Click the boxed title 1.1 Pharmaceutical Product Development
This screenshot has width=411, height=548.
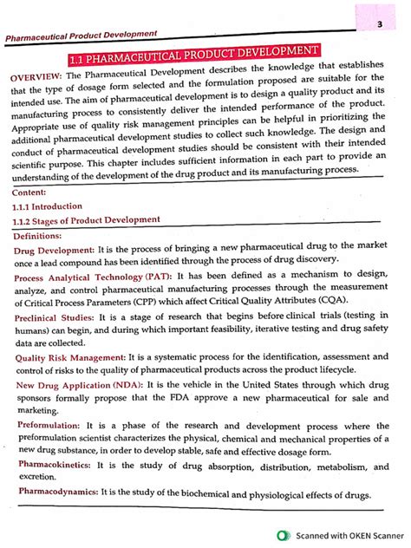pyautogui.click(x=205, y=57)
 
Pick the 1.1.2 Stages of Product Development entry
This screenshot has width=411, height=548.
pyautogui.click(x=90, y=221)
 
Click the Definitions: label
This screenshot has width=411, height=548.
pyautogui.click(x=43, y=235)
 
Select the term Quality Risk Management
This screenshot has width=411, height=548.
pyautogui.click(x=70, y=356)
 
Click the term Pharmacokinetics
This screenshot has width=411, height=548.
pyautogui.click(x=54, y=465)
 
